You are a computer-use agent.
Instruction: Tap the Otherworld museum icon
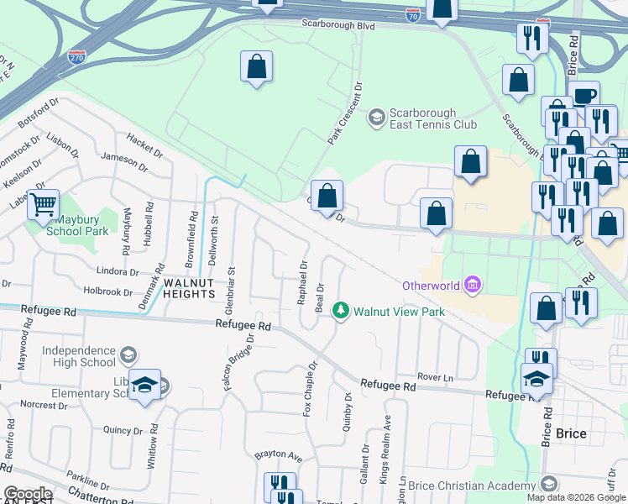click(473, 286)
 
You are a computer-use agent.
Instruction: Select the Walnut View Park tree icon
click(341, 311)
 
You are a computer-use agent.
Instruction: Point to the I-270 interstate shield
click(76, 58)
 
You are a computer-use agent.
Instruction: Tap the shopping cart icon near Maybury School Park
click(43, 203)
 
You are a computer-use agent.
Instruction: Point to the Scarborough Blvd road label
click(338, 26)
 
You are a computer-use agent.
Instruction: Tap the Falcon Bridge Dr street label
click(250, 361)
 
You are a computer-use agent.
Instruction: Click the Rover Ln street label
click(436, 377)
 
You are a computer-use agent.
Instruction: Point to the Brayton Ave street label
click(278, 456)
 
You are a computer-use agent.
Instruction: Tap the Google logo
click(27, 494)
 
